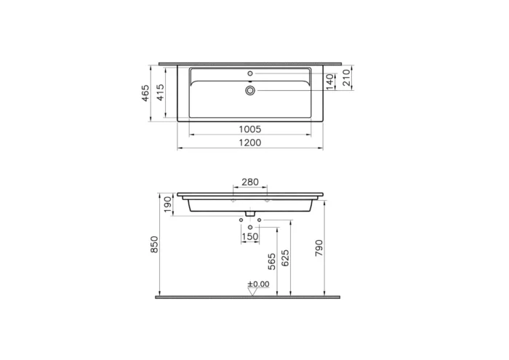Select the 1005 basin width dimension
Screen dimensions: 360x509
tap(250, 129)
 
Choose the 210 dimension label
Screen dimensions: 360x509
tap(347, 76)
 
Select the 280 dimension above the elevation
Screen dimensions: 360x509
tap(249, 182)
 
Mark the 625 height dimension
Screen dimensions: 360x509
tap(286, 257)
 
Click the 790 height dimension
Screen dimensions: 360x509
tap(318, 248)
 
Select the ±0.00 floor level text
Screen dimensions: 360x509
tap(258, 284)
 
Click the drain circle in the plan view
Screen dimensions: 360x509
tap(250, 90)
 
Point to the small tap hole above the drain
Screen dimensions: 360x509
tap(250, 73)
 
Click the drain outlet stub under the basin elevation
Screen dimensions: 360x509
tap(250, 214)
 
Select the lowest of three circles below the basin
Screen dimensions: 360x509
tap(250, 228)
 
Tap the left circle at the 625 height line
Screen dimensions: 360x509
tap(241, 217)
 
